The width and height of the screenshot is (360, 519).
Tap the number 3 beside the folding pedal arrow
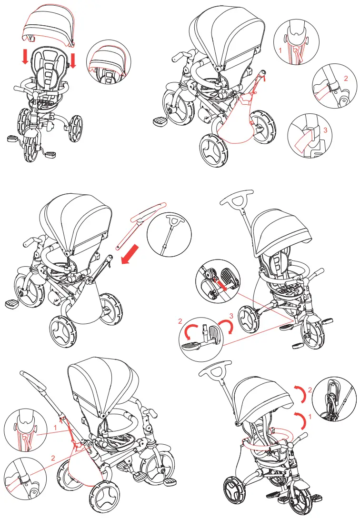(x=230, y=316)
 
